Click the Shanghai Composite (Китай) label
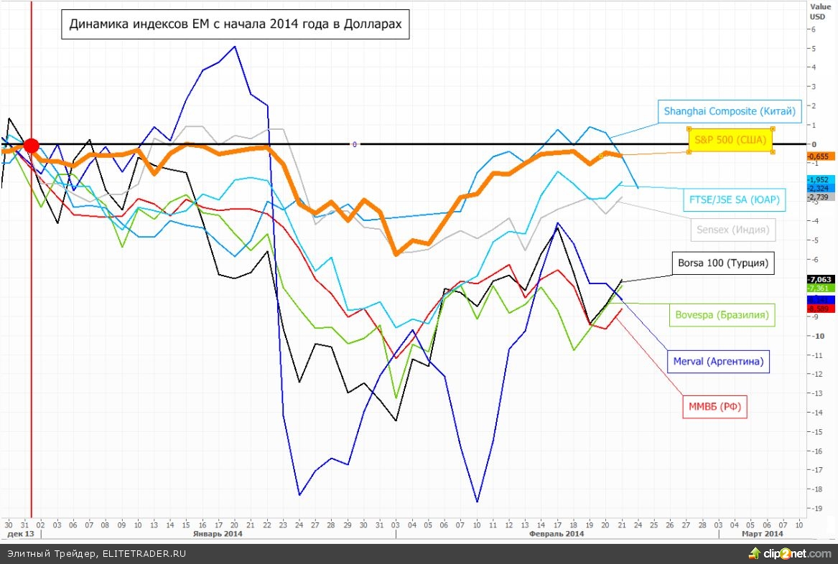730,111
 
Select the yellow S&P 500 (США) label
730,140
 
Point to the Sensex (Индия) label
732,230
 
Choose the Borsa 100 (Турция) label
723,263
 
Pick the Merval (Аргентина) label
718,361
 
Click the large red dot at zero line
31,146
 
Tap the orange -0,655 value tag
820,156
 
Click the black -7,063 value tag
820,279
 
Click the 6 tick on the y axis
813,29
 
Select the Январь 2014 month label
218,534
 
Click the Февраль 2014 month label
556,534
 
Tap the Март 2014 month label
763,534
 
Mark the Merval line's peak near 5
236,47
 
